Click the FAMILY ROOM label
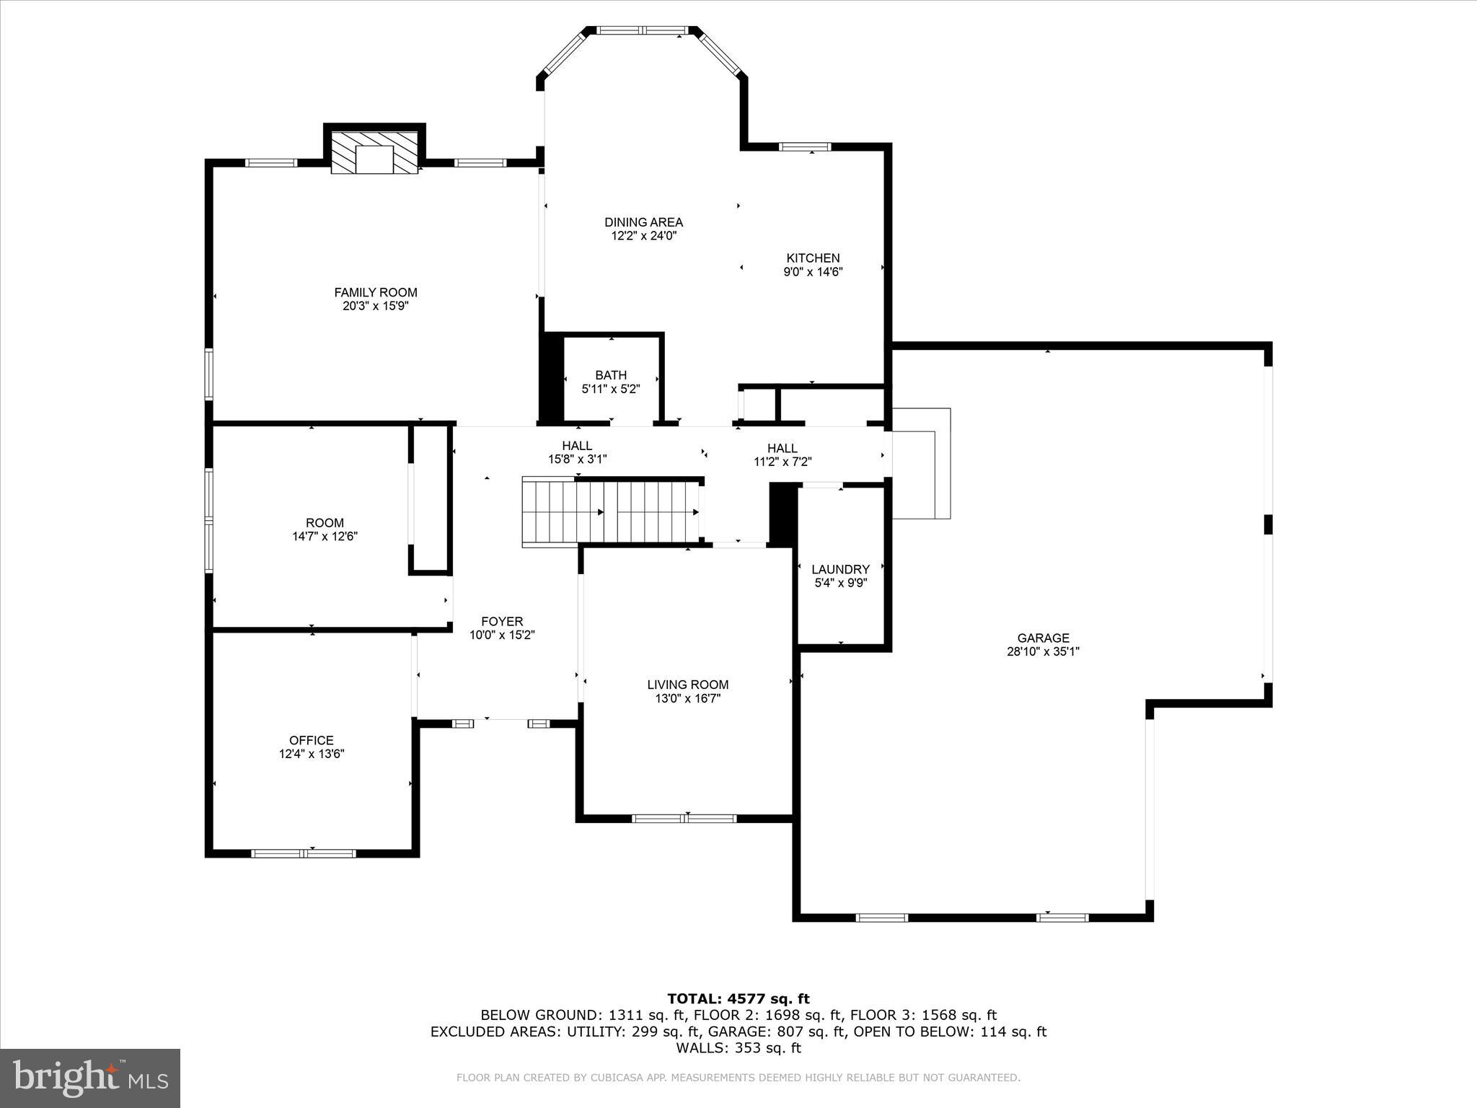pos(375,292)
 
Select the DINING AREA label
pos(643,222)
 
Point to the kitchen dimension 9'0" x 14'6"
pos(813,272)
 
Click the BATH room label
pos(611,375)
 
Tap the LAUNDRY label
pos(840,569)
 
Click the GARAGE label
pos(1043,638)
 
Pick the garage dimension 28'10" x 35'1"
pos(1043,651)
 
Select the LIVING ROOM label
pos(687,685)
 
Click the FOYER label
pos(502,621)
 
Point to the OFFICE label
pos(312,740)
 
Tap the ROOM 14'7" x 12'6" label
pos(325,523)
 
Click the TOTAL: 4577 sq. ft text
pos(738,998)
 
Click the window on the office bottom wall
pos(304,853)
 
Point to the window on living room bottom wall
pos(684,818)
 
